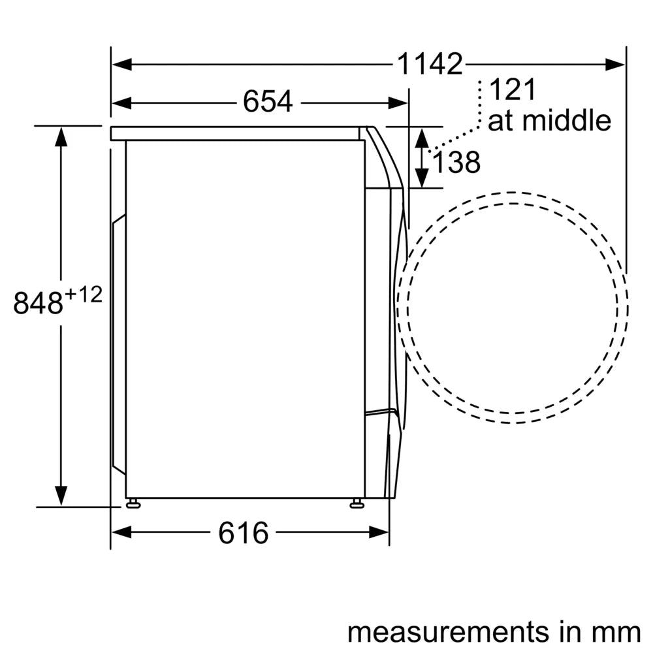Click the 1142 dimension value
tap(430, 64)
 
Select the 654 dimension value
tap(267, 102)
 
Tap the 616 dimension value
tap(243, 533)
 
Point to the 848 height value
tap(38, 303)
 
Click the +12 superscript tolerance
tap(83, 295)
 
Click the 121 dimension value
tap(512, 90)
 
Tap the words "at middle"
tap(549, 121)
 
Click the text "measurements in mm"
tap(493, 631)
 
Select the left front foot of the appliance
tap(133, 503)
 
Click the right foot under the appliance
tap(357, 503)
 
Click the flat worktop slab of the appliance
tap(235, 133)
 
